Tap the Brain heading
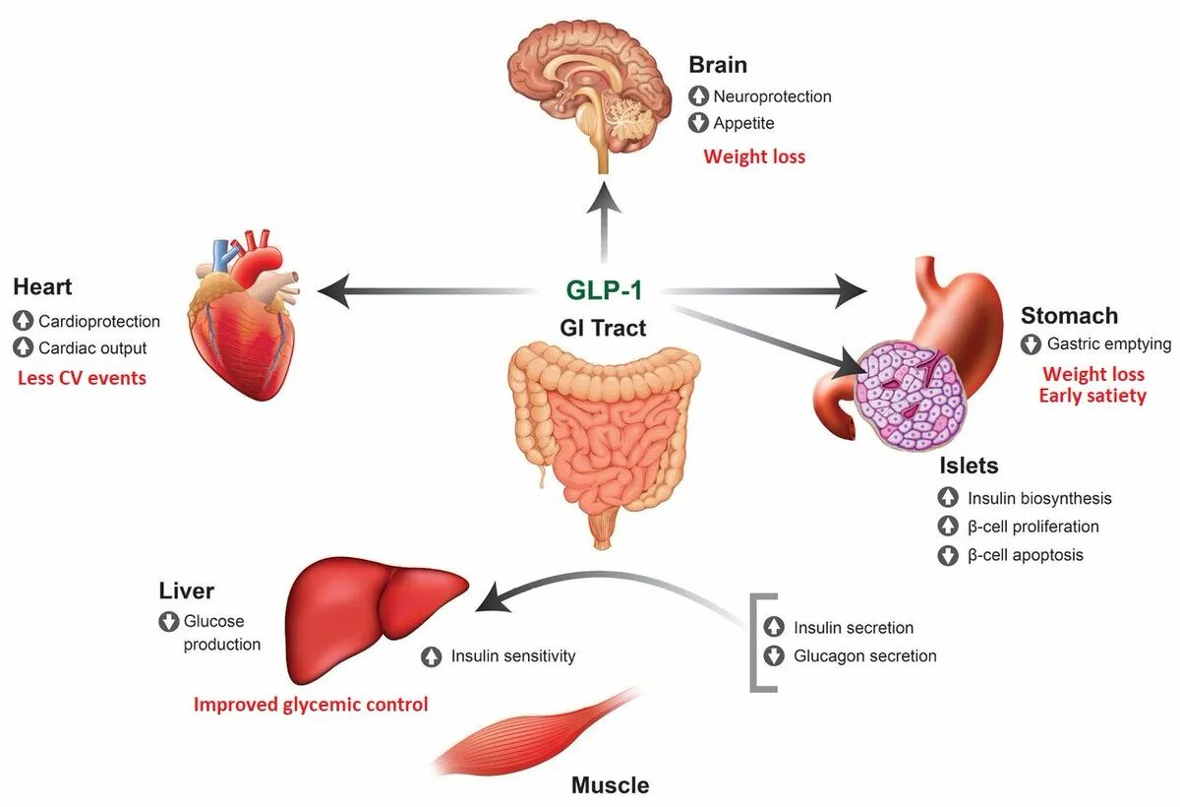pyautogui.click(x=718, y=65)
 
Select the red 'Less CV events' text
pyautogui.click(x=82, y=377)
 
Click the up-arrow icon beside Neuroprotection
pyautogui.click(x=698, y=96)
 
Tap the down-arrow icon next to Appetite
pyautogui.click(x=698, y=123)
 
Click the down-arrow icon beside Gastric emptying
pyautogui.click(x=1031, y=344)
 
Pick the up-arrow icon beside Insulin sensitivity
pyautogui.click(x=431, y=656)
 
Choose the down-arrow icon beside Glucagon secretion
pyautogui.click(x=775, y=656)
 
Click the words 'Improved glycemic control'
pyautogui.click(x=311, y=705)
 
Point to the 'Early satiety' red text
pyautogui.click(x=1092, y=396)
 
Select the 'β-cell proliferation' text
pyautogui.click(x=1032, y=527)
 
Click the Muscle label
pyautogui.click(x=610, y=785)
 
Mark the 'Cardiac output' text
pyautogui.click(x=92, y=348)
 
